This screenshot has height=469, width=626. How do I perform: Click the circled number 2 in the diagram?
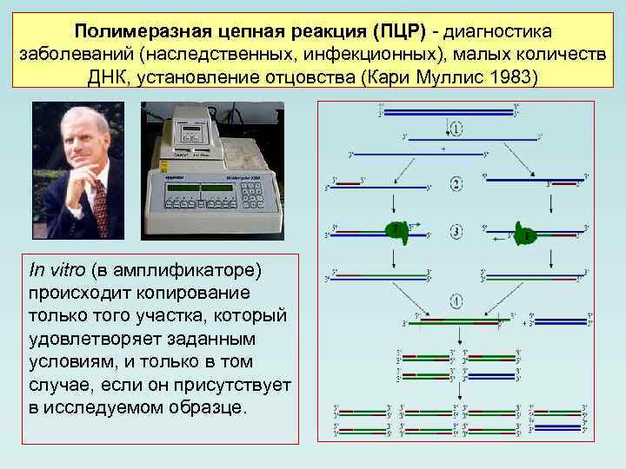tap(456, 183)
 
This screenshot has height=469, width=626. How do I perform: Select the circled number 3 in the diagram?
tap(456, 232)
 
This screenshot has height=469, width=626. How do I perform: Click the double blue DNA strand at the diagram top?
tap(449, 111)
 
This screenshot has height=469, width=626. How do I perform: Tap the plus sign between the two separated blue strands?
tap(443, 149)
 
